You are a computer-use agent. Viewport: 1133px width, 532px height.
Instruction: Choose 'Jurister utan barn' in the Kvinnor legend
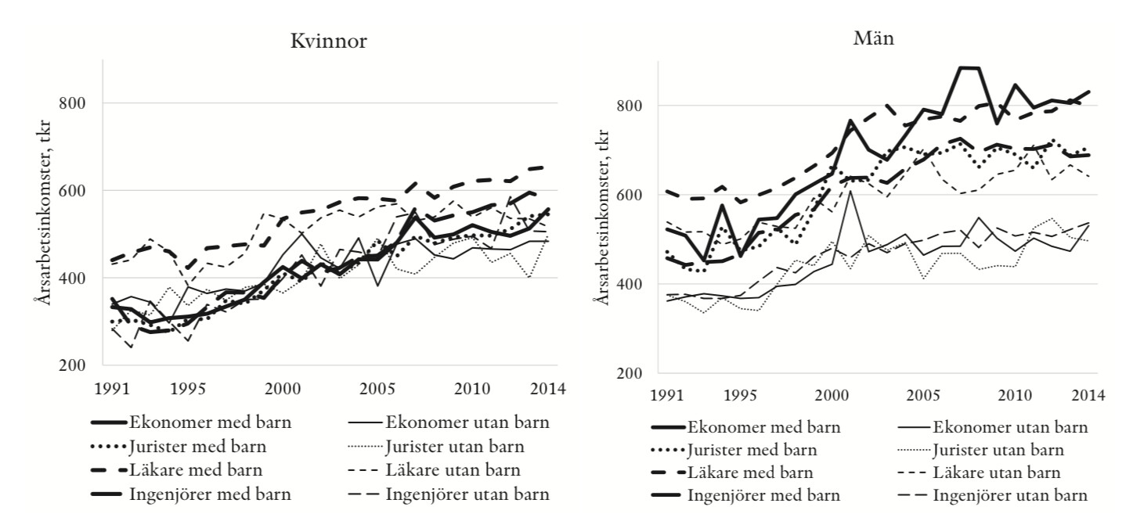point(455,448)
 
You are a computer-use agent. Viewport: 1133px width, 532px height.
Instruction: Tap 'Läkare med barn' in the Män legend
point(749,473)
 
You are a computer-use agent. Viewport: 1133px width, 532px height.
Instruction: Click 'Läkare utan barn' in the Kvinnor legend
point(453,471)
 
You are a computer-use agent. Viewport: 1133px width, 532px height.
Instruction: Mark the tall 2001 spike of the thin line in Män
point(848,191)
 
